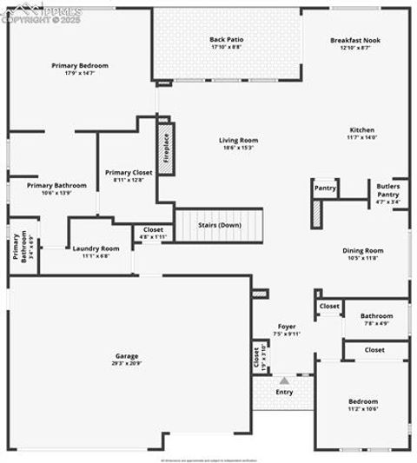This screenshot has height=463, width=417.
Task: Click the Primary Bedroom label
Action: [80, 66]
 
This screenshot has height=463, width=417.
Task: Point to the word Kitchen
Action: [361, 130]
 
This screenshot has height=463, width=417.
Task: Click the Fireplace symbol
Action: [166, 149]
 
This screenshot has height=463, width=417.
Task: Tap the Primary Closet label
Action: [129, 173]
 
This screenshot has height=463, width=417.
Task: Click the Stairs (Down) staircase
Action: [219, 225]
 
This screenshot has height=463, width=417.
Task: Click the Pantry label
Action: [325, 188]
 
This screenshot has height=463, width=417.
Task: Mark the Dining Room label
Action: [362, 250]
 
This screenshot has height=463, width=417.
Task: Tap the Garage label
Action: [127, 356]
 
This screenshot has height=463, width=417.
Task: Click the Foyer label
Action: [286, 327]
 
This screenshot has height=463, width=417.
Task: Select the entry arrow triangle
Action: [284, 380]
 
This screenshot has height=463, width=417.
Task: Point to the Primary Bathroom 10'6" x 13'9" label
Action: [56, 186]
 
